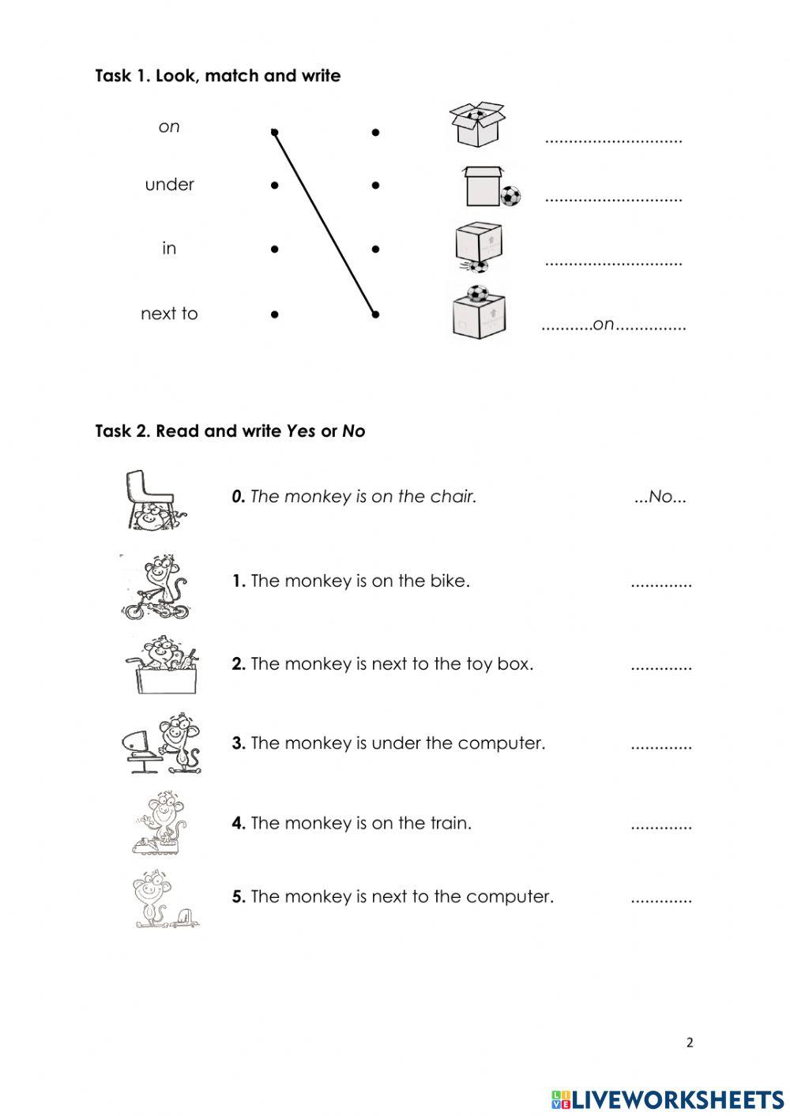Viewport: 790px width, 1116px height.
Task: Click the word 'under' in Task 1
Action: (x=169, y=185)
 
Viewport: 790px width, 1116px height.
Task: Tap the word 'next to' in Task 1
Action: (x=169, y=314)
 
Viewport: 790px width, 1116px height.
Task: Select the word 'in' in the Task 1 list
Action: (x=169, y=249)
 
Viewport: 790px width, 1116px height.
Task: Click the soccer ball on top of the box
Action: (x=477, y=295)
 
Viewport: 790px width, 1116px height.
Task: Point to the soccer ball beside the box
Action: (x=510, y=196)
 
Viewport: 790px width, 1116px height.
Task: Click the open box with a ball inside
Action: (x=476, y=124)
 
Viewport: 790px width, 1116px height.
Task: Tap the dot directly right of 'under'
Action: (x=274, y=186)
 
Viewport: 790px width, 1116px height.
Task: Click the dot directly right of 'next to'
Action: (x=274, y=314)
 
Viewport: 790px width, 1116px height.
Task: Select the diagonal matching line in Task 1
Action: (x=324, y=223)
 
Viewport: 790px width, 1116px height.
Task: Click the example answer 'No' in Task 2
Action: (x=660, y=497)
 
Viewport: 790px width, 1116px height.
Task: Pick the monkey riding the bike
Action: (x=158, y=586)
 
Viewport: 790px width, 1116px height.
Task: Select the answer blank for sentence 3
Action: (x=661, y=744)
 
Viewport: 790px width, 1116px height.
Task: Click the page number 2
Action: (x=690, y=1043)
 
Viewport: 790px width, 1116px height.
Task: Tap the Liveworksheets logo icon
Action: (x=561, y=1099)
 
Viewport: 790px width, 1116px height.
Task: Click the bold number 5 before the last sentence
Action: (x=238, y=897)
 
